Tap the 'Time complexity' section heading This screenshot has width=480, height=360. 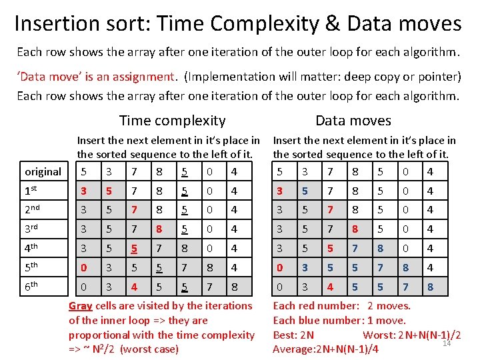coord(172,121)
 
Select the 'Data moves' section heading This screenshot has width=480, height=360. coord(353,121)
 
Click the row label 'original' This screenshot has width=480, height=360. coord(43,172)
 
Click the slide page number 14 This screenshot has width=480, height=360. coord(447,343)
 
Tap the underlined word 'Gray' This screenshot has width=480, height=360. coord(81,306)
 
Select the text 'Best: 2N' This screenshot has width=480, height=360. coord(294,335)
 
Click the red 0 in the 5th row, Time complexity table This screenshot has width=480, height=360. coord(83,267)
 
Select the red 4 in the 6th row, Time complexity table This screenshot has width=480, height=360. coord(134,287)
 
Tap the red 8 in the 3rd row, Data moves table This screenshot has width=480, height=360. coord(355,229)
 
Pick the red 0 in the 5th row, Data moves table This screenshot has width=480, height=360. coord(279,267)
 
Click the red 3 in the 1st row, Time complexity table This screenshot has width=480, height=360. coord(83,191)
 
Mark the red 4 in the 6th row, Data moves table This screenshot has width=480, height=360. coord(330,287)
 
